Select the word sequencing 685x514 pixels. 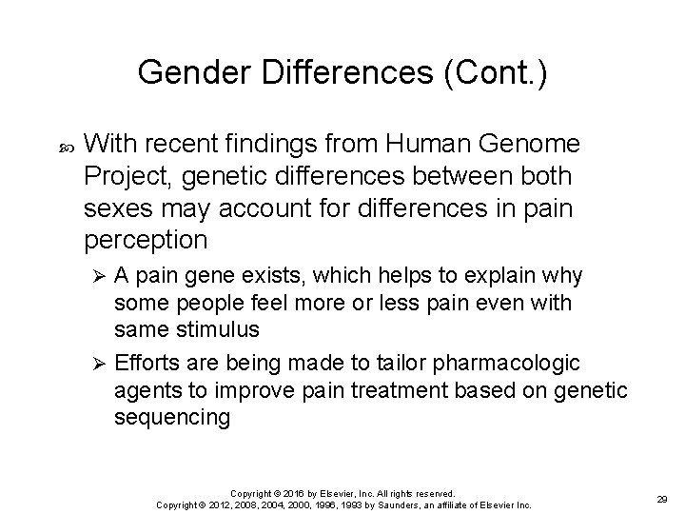(170, 418)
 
